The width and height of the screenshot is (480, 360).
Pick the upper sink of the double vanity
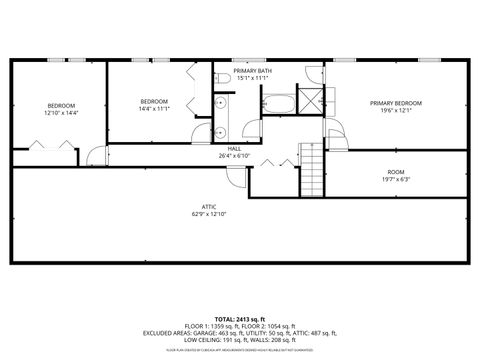pyautogui.click(x=219, y=104)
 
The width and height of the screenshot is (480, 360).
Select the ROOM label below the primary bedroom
pyautogui.click(x=396, y=172)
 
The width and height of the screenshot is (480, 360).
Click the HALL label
pyautogui.click(x=233, y=149)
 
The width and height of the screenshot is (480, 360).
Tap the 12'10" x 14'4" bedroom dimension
pyautogui.click(x=60, y=113)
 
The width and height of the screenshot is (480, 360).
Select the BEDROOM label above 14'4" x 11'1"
pyautogui.click(x=153, y=101)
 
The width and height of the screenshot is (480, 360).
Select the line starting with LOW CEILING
pyautogui.click(x=240, y=340)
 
